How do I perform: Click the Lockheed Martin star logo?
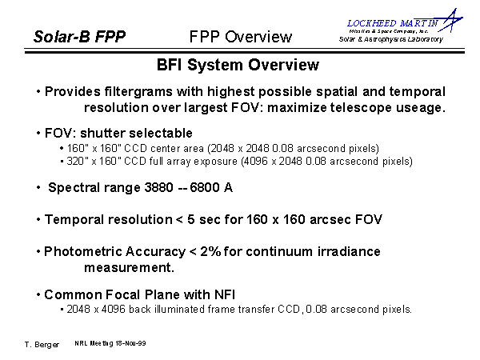tap(450, 20)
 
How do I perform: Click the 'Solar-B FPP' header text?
tap(79, 37)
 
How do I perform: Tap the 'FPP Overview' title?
tap(241, 37)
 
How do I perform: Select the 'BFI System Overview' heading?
tap(238, 65)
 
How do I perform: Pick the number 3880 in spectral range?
tap(158, 187)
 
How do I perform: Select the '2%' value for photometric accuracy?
tap(210, 252)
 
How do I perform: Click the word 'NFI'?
tap(224, 294)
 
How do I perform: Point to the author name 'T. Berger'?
tap(42, 345)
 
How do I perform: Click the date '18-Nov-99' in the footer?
tap(130, 343)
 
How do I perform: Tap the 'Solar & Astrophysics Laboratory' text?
tap(391, 39)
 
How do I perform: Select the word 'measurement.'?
tap(129, 267)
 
